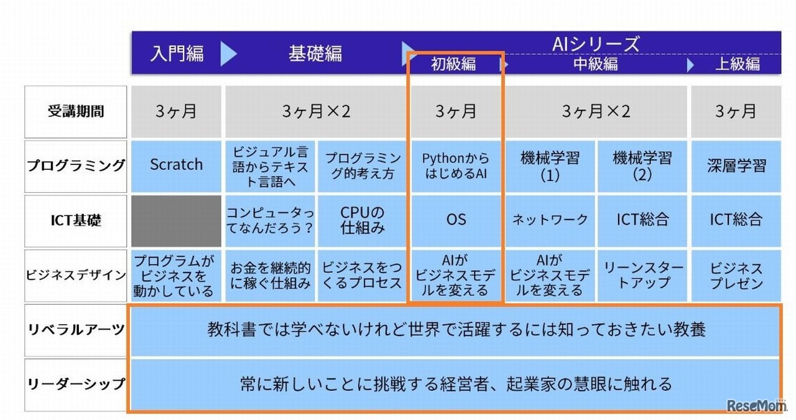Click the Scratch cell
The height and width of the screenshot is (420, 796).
click(176, 165)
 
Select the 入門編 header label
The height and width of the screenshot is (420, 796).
click(177, 54)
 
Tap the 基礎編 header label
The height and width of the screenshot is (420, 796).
click(315, 54)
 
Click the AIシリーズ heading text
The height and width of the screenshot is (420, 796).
click(595, 44)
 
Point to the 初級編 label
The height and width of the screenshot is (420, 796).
click(453, 64)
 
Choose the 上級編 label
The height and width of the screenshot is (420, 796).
click(738, 64)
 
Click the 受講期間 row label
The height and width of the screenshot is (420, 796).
click(76, 112)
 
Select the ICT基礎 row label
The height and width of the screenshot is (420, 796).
click(76, 220)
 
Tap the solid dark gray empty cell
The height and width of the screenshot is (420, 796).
click(176, 220)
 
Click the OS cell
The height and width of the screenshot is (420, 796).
click(456, 220)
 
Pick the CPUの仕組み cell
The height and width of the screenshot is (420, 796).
click(363, 220)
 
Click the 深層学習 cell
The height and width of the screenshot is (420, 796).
click(736, 166)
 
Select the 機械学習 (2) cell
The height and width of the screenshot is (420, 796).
click(642, 166)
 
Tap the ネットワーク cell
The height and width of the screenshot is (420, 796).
click(550, 220)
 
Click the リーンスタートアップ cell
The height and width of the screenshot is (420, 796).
click(642, 274)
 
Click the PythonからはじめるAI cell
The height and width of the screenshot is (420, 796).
click(456, 166)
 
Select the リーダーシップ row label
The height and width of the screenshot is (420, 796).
click(76, 384)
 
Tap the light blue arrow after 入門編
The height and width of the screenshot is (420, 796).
click(228, 54)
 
